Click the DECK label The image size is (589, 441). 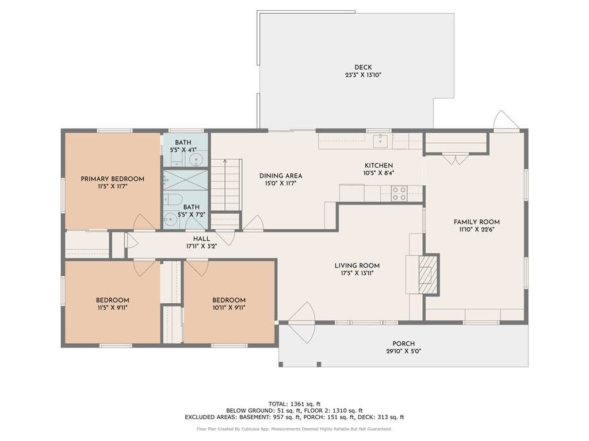(x=363, y=68)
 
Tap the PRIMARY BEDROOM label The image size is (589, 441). (x=113, y=179)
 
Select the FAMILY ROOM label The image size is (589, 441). (x=477, y=222)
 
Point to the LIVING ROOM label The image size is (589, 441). (x=357, y=266)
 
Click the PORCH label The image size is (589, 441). (x=403, y=343)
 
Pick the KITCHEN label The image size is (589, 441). (x=378, y=165)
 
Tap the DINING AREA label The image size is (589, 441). (x=281, y=176)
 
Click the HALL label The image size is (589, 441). (x=202, y=239)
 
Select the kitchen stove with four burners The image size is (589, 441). (x=399, y=194)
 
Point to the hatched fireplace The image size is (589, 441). (x=428, y=274)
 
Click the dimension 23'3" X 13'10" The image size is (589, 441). (x=364, y=75)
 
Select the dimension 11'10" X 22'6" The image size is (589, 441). (x=477, y=230)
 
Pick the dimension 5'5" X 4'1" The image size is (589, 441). (x=183, y=150)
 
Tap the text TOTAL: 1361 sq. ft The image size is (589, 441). (x=294, y=404)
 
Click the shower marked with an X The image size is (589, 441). (x=185, y=181)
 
